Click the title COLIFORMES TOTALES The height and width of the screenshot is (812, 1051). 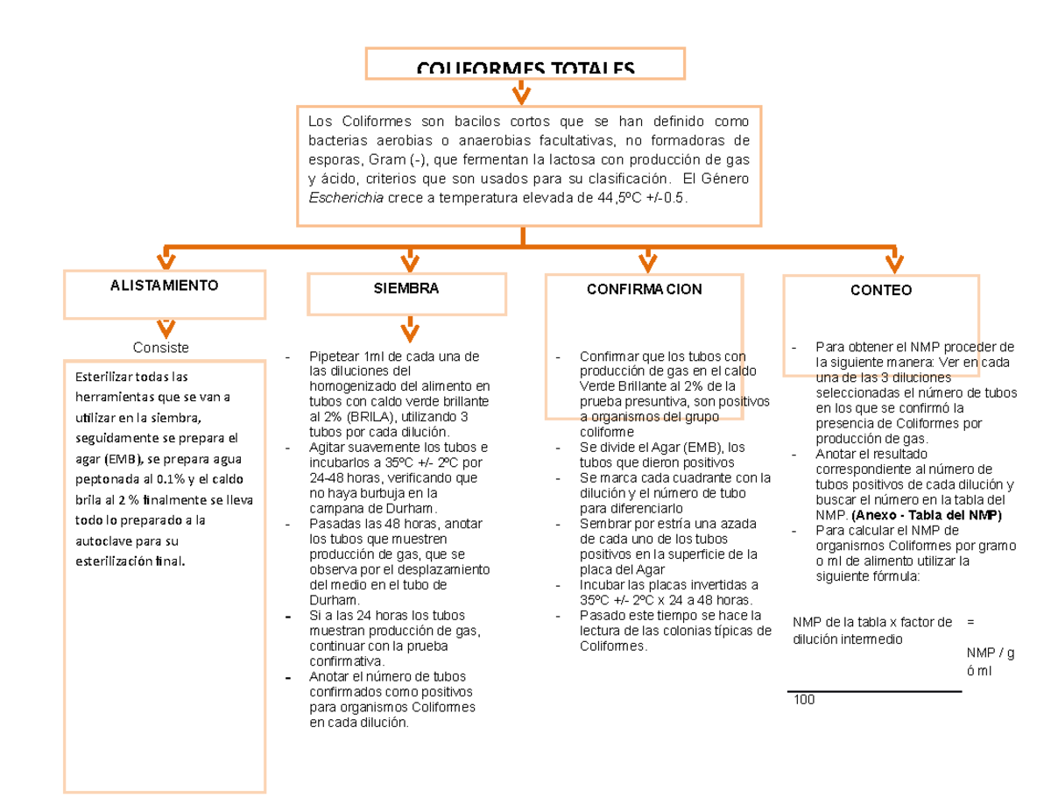pos(524,68)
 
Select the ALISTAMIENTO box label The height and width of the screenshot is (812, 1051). pos(164,286)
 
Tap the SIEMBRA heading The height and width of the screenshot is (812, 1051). pos(406,288)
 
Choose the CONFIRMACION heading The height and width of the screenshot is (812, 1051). pos(645,289)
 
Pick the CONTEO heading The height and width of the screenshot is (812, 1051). pos(881,290)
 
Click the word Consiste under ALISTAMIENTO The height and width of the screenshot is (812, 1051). pos(161,348)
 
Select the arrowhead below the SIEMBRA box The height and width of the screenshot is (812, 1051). pos(408,331)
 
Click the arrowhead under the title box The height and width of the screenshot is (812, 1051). pos(521,93)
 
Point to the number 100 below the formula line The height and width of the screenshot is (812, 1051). pos(802,700)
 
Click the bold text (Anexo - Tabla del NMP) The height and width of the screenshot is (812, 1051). pos(928,515)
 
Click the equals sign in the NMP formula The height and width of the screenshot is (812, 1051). pos(970,622)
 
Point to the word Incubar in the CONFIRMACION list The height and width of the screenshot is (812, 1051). pos(604,584)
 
